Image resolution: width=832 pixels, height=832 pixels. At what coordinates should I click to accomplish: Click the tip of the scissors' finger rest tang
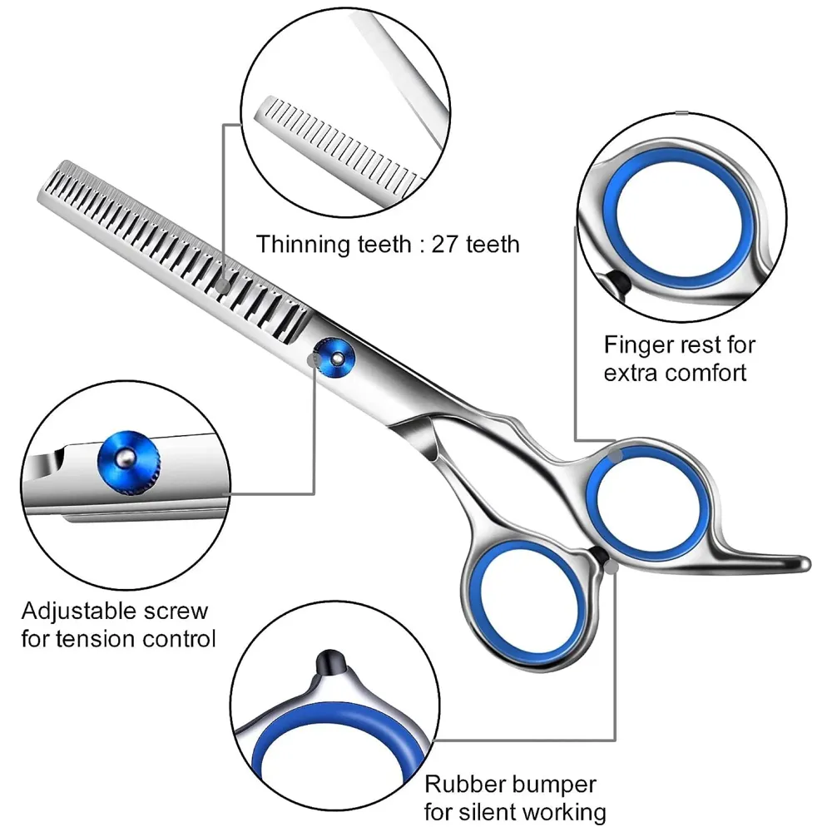[802, 562]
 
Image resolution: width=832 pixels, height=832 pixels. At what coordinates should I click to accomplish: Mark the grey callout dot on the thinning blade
[223, 285]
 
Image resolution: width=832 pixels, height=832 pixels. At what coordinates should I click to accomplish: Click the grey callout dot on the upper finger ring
[615, 455]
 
